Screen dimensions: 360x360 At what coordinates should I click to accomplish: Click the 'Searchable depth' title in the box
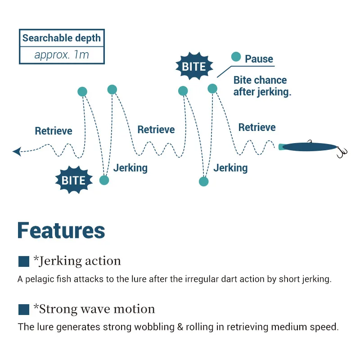(x=62, y=38)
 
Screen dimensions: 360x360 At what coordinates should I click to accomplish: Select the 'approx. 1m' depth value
(x=62, y=55)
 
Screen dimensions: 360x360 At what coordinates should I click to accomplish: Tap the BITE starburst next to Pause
(x=193, y=67)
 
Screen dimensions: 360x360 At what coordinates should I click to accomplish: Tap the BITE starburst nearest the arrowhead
(x=73, y=180)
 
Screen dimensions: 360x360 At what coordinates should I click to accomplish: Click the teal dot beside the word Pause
(x=236, y=57)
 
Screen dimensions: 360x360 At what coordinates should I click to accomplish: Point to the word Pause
(x=259, y=59)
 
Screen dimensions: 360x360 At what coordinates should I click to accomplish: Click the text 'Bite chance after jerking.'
(x=261, y=86)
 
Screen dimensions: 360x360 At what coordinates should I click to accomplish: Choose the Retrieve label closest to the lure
(x=257, y=128)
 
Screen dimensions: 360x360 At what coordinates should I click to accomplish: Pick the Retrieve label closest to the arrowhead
(x=54, y=131)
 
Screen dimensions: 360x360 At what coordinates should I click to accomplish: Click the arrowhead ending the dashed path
(x=17, y=152)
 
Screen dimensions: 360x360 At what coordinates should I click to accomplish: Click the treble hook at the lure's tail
(x=342, y=152)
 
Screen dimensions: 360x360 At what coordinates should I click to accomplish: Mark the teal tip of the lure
(x=281, y=147)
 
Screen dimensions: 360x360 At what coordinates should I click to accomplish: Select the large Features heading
(x=61, y=230)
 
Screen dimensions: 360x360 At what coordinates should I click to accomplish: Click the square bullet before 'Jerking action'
(x=23, y=261)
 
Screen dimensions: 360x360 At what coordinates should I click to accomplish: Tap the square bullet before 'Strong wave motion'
(x=23, y=310)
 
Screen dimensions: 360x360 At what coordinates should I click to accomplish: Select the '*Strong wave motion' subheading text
(x=94, y=309)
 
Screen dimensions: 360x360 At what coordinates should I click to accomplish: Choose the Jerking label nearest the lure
(x=230, y=168)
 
